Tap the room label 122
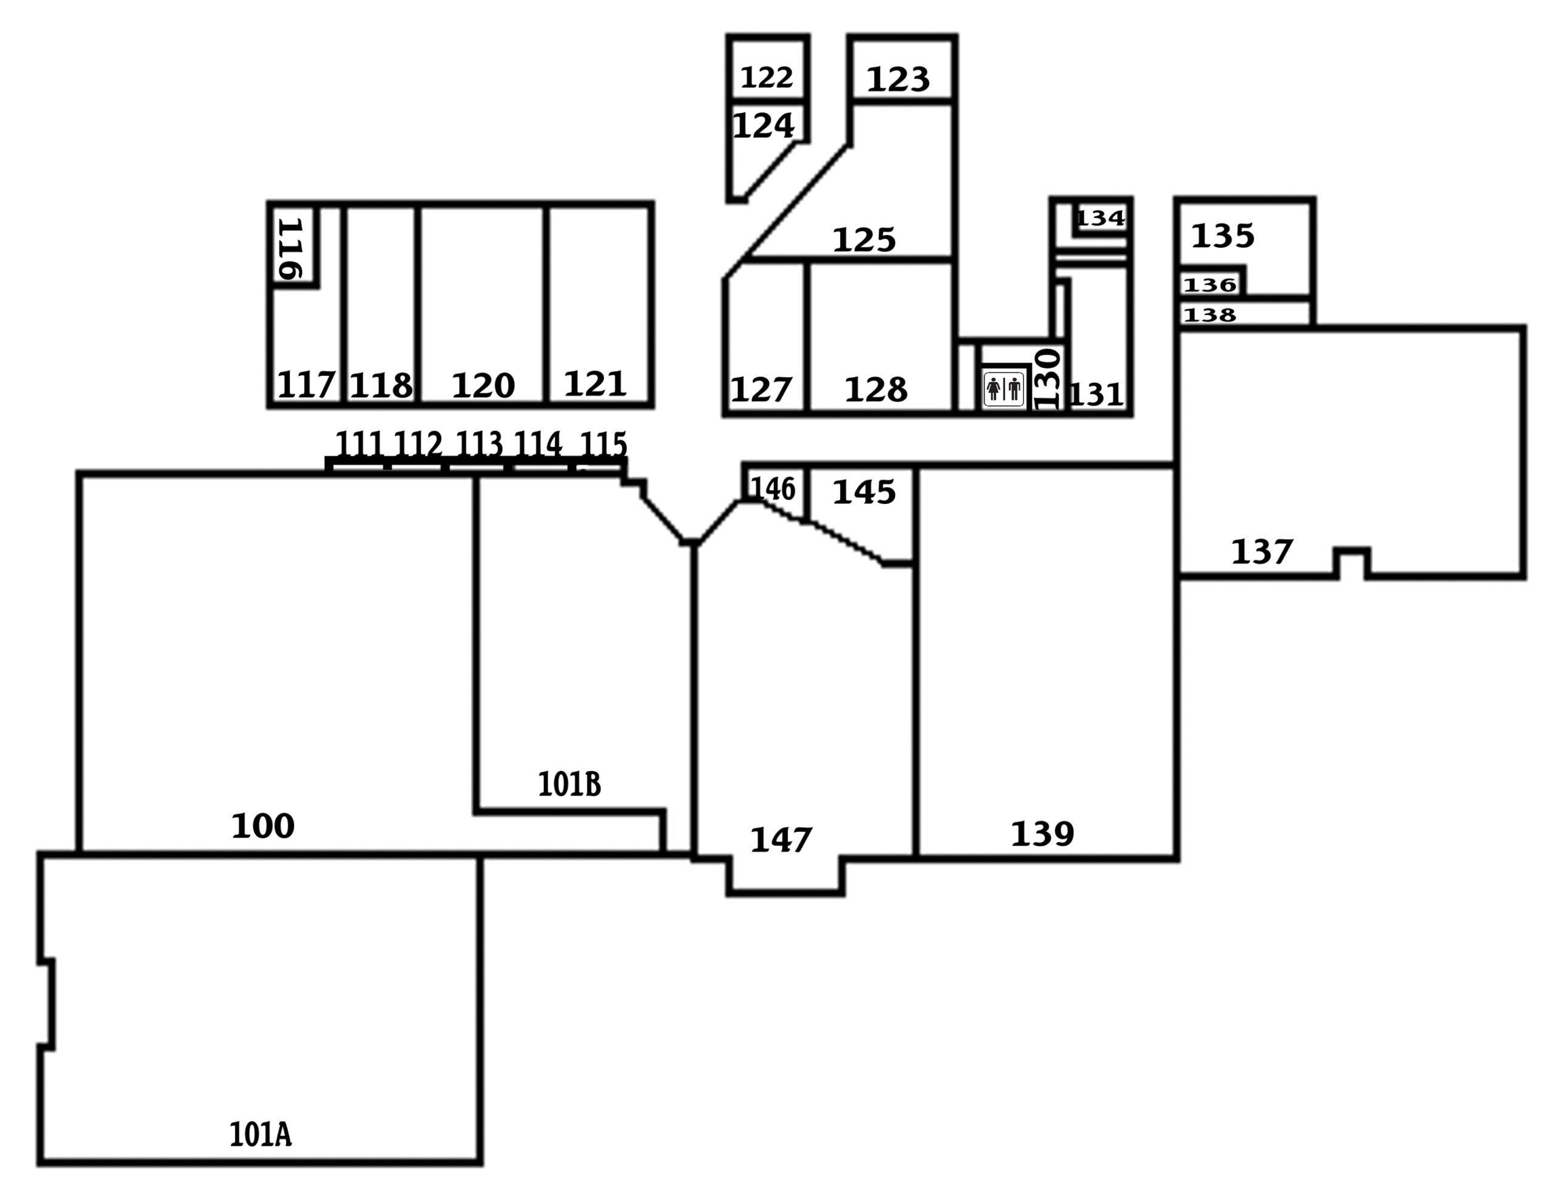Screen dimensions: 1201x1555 pos(767,78)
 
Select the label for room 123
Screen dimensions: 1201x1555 pos(898,80)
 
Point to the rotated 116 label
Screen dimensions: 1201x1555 pos(291,248)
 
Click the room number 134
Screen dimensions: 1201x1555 pos(1100,218)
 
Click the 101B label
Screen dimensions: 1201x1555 pos(569,784)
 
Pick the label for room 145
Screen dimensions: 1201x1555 pos(864,492)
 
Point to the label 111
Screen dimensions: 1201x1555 pos(359,444)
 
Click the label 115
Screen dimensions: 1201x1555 pos(604,445)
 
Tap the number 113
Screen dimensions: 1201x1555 pos(479,444)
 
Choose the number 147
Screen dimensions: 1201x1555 pos(781,841)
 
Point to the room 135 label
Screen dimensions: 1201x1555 pos(1223,236)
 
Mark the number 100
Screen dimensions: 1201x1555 pos(263,826)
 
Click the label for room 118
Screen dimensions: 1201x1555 pos(381,386)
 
